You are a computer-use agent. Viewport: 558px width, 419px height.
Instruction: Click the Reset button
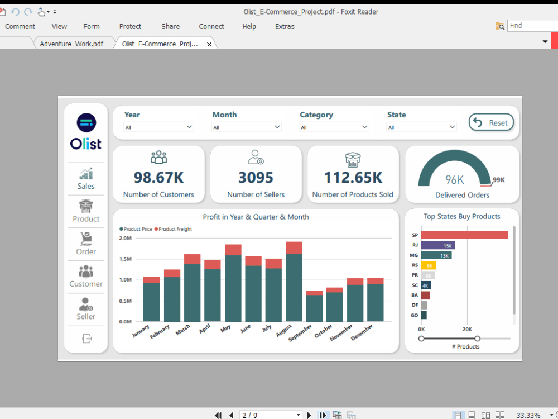click(x=491, y=122)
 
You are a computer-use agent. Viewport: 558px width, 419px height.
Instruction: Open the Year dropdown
click(x=158, y=127)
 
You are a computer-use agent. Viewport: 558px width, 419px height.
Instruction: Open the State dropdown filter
click(x=421, y=127)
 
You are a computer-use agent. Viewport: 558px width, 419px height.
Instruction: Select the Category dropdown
click(x=334, y=127)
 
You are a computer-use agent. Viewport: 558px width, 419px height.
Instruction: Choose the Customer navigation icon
click(x=86, y=276)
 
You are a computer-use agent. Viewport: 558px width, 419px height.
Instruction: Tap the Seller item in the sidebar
click(x=86, y=308)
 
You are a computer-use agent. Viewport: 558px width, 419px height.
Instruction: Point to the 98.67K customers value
click(x=158, y=178)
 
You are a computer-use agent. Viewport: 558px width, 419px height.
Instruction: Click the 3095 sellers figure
click(x=256, y=178)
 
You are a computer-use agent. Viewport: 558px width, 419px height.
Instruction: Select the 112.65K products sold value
click(x=353, y=178)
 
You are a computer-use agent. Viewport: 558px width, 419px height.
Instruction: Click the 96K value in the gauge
click(x=455, y=179)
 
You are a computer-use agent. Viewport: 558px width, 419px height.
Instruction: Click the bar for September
click(x=315, y=308)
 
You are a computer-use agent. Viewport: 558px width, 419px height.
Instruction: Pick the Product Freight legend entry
click(x=174, y=229)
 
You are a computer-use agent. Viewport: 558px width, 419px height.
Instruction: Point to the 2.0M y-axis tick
click(x=125, y=238)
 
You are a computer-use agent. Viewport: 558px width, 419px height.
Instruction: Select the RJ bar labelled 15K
click(x=438, y=245)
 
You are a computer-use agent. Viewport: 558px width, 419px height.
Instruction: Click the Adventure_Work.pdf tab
click(x=71, y=44)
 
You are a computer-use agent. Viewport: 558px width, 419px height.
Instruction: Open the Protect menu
click(x=130, y=26)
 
